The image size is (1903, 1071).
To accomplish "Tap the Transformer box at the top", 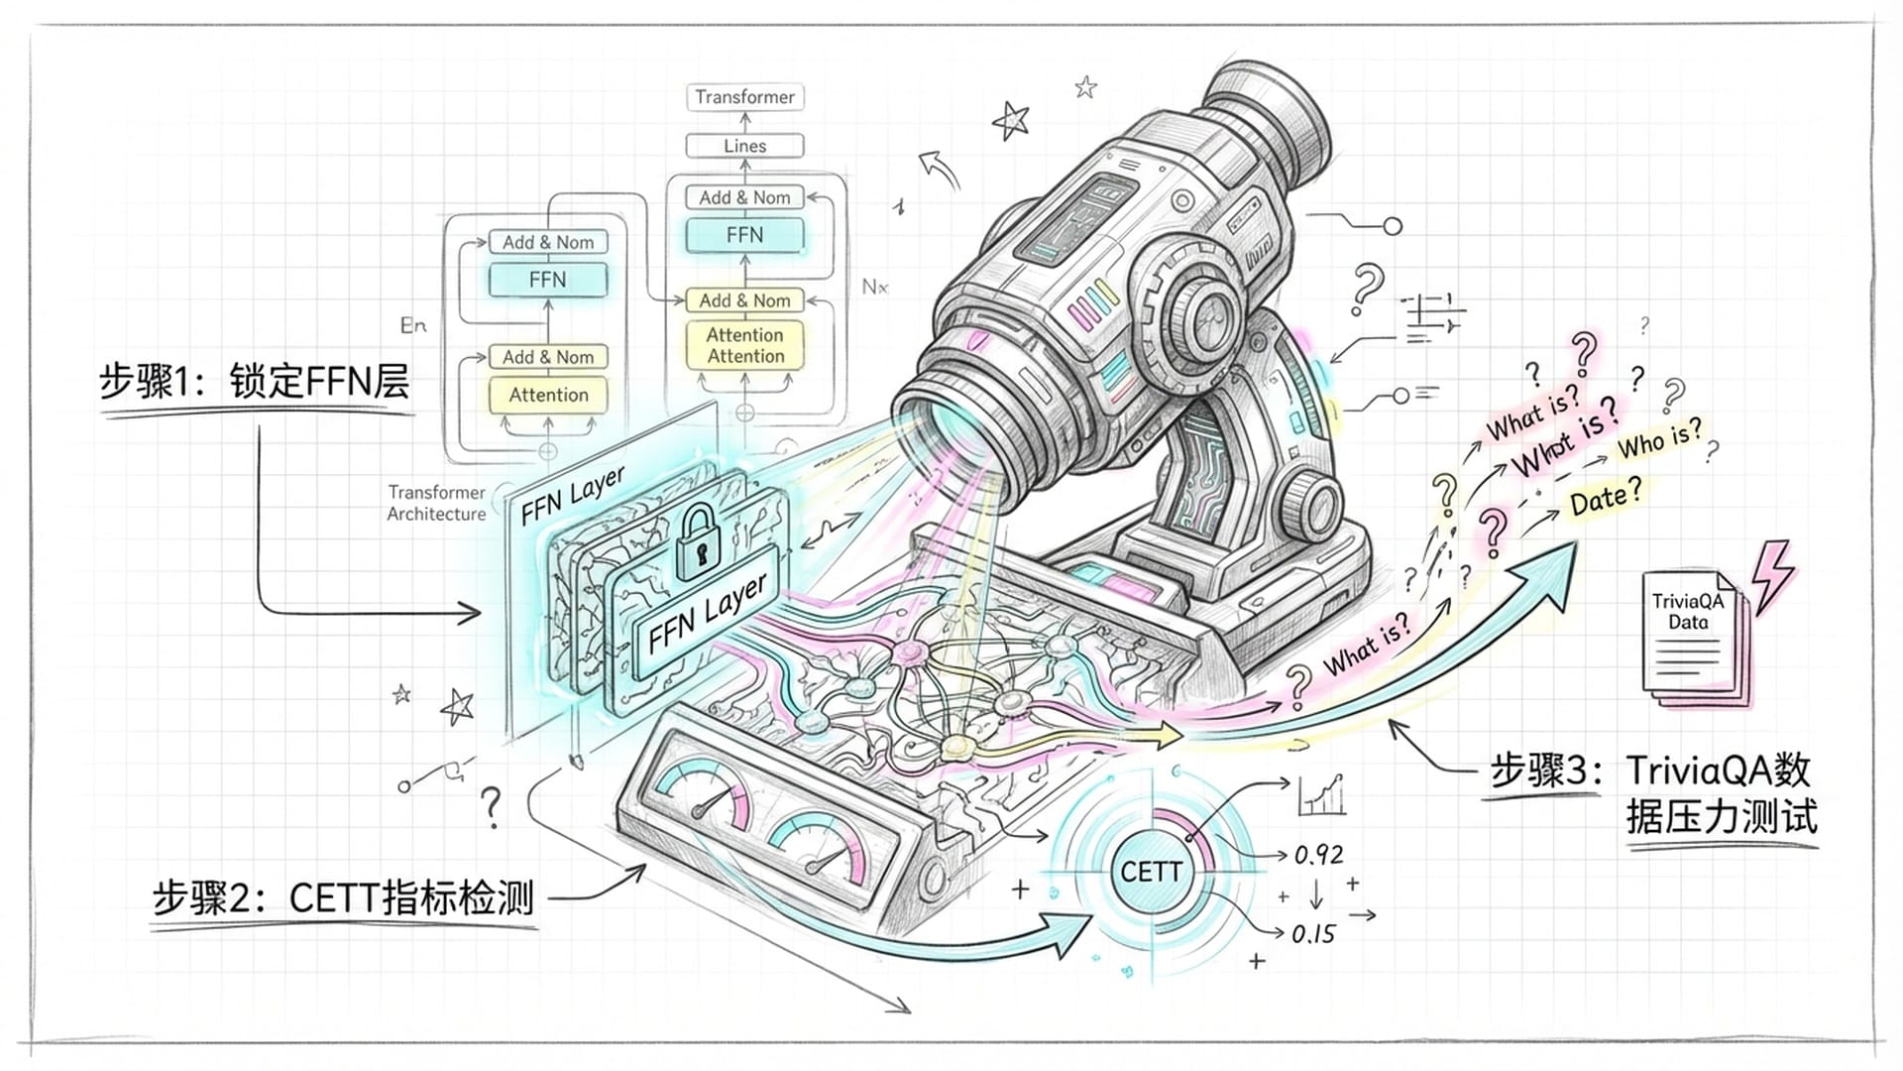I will pos(744,97).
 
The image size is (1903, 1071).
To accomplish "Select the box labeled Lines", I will pos(744,146).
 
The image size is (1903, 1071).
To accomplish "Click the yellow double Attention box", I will pos(744,345).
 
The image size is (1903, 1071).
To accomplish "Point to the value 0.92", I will pos(1318,855).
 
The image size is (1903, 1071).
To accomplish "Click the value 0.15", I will pos(1313,934).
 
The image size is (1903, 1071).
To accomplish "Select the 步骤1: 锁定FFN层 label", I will pos(254,382).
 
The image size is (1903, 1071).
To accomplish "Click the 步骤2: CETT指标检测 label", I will pos(343,898).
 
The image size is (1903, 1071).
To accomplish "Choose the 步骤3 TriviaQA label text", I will pos(1650,793).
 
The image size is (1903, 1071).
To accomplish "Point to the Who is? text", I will pos(1659,439).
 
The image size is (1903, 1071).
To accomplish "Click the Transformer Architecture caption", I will pos(436,503).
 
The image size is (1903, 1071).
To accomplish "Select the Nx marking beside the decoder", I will pos(874,288).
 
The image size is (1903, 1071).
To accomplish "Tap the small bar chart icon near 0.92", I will pos(1321,795).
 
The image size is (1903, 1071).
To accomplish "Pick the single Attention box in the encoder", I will pos(548,395).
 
